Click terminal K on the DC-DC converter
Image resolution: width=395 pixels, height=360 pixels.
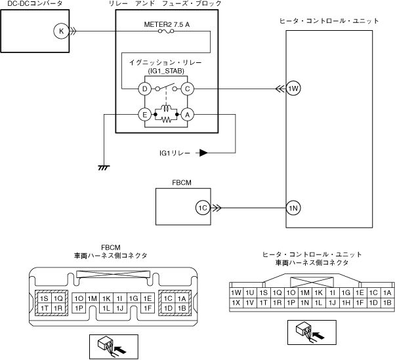pos(61,31)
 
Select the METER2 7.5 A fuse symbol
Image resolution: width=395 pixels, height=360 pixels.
pos(166,31)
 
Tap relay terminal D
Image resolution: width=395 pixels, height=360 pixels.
pos(145,89)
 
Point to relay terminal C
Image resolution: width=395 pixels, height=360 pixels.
pos(188,89)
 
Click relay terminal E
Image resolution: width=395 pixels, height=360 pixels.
pos(145,115)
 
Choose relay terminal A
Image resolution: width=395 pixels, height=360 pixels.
pos(188,115)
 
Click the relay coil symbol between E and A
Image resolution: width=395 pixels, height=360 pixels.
pos(166,108)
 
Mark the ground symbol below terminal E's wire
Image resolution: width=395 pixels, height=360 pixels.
pos(104,168)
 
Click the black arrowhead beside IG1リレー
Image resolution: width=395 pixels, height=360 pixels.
pos(203,153)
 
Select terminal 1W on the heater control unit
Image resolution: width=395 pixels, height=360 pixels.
pos(293,89)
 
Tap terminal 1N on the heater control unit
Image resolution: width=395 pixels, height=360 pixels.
pos(293,208)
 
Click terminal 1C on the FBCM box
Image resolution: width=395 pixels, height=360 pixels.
pos(203,208)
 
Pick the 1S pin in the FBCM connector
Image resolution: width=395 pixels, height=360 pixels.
pos(45,298)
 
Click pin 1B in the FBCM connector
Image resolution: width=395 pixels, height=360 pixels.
pos(182,308)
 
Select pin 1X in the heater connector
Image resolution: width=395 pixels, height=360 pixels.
pos(236,302)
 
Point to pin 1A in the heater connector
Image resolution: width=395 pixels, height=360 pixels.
pos(387,292)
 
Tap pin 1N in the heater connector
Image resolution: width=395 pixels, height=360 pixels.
pos(305,302)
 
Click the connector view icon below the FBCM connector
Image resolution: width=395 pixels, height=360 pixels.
pos(114,347)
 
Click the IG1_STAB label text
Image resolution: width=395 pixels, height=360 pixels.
pos(166,71)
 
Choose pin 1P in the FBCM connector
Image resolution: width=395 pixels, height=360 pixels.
pos(79,308)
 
